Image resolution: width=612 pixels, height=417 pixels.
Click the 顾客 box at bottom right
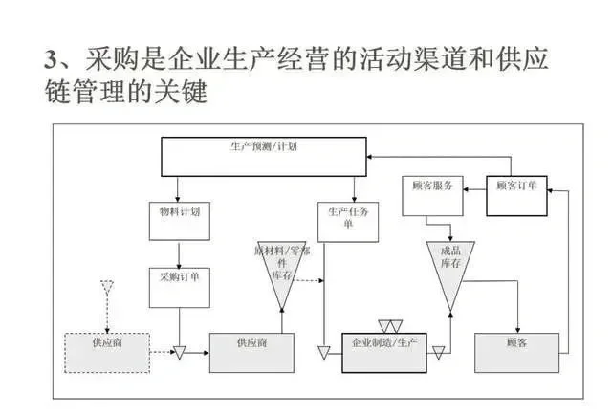coord(516,351)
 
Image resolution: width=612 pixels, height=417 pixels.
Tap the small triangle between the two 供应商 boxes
coord(179,354)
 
